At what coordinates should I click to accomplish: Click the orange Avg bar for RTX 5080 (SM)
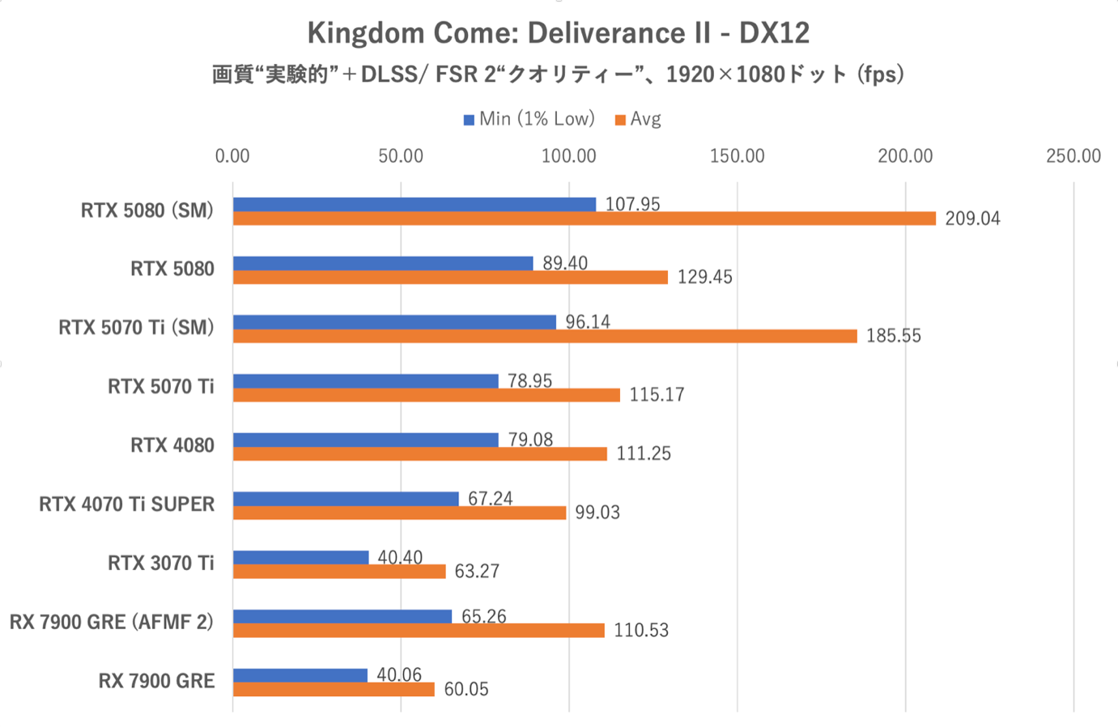584,219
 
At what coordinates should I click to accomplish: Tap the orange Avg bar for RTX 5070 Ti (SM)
545,336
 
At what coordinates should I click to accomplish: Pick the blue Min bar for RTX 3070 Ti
300,557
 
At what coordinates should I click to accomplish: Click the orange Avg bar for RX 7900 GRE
334,689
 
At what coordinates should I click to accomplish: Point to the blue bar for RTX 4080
365,440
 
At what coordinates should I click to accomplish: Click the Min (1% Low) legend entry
529,119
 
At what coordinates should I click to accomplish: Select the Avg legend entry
639,119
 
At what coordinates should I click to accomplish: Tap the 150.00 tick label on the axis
737,156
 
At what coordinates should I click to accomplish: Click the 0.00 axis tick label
232,156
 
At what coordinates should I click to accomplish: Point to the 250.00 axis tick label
1073,156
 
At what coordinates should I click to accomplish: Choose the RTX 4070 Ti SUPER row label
127,504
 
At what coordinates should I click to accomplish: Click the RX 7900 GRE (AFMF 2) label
112,622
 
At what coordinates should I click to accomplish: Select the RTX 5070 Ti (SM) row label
136,328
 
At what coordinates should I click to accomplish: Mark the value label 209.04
972,219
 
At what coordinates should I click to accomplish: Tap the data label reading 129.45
704,278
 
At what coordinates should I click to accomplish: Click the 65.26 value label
483,616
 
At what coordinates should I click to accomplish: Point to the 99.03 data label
597,512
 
